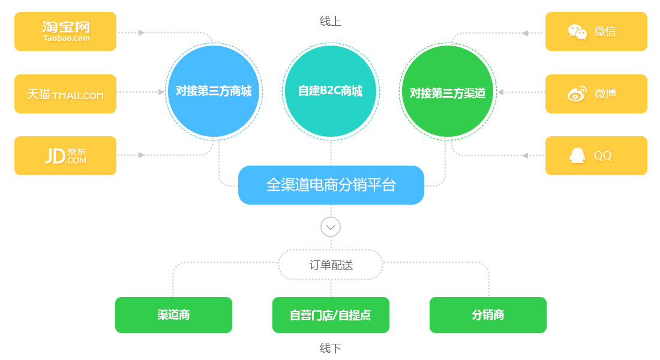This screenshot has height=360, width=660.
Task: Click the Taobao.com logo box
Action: coord(66,31)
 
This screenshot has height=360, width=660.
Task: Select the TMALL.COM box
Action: coord(66,94)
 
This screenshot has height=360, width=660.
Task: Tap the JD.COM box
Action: coord(66,155)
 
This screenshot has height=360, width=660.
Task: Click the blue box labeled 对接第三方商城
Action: coord(213,91)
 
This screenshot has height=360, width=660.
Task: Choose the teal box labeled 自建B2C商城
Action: coord(331,91)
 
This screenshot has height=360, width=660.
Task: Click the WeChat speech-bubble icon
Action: coord(577,32)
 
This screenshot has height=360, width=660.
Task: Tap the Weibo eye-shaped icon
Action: coord(577,94)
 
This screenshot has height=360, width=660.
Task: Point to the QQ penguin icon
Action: coord(577,155)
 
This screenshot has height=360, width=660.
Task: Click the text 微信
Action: coord(605,32)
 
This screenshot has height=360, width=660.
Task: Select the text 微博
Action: coord(605,94)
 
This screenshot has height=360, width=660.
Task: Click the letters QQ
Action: coord(603,156)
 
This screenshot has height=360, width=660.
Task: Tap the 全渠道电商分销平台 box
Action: coord(331,185)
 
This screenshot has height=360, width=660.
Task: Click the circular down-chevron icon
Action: coord(331,227)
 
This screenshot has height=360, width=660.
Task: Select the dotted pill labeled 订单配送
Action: coord(331,265)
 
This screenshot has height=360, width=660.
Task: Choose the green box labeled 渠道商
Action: coord(173,314)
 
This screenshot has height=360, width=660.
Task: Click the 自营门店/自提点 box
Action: coord(331,314)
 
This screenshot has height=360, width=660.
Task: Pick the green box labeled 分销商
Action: coord(488,314)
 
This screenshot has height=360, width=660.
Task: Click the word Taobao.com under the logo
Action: coord(66,38)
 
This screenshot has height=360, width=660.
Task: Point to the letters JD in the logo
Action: coord(55,156)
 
